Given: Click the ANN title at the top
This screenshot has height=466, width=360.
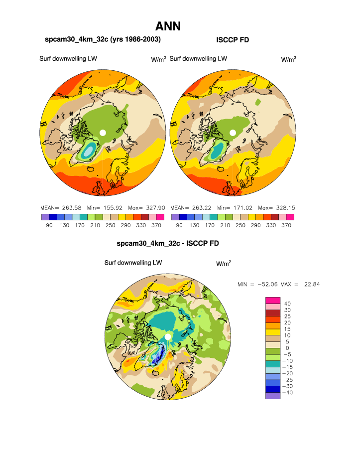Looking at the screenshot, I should (168, 26).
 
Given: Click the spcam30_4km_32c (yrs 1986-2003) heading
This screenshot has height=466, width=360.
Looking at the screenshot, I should (103, 39).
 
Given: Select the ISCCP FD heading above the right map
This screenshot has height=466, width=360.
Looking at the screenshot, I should (233, 40).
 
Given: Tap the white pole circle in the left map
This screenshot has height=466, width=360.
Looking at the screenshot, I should (103, 133).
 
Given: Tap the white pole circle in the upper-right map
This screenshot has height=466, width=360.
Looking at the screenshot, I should (233, 133).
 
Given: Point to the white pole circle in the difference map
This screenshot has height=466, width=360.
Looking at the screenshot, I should (168, 337).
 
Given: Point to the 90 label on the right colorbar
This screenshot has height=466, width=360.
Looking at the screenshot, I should (178, 226).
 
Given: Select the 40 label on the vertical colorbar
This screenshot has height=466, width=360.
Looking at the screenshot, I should (287, 304).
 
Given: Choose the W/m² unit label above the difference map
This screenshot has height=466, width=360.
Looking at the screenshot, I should (224, 264).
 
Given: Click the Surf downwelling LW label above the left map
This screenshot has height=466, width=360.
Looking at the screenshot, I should (68, 59).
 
